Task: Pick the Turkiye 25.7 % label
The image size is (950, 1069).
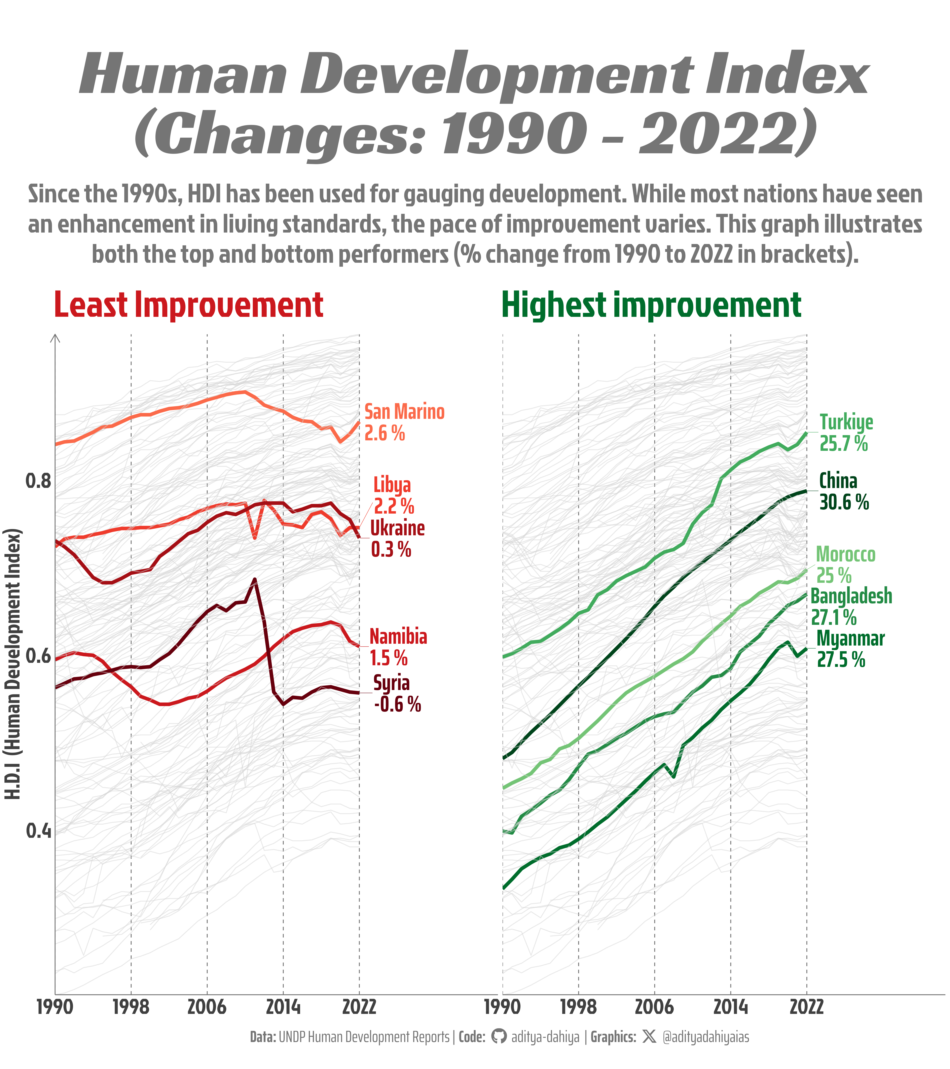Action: coord(845,433)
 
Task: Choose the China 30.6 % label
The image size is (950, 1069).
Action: coord(843,492)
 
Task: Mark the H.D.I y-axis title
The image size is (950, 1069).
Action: coord(13,664)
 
